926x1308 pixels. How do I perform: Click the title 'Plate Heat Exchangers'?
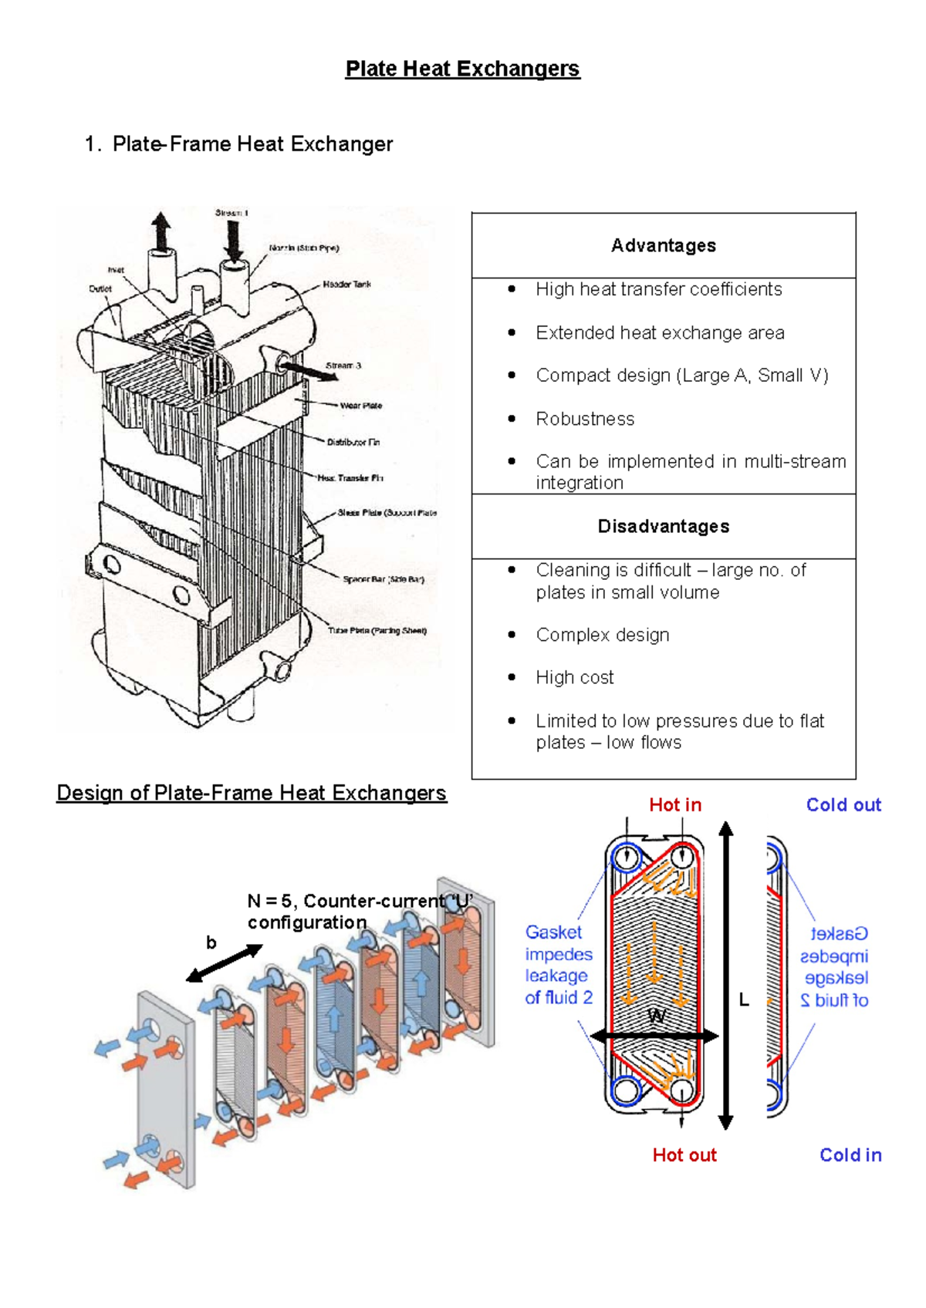point(462,69)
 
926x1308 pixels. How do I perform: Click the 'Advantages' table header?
point(663,245)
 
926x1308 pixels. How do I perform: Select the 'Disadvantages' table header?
point(663,526)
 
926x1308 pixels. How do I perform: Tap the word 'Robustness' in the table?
point(585,419)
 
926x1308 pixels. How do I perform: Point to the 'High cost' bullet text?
point(575,677)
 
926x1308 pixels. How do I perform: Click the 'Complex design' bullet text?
point(603,635)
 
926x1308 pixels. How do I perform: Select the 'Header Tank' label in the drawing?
point(346,285)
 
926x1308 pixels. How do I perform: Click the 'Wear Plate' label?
point(360,406)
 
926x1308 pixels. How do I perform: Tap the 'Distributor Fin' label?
point(353,443)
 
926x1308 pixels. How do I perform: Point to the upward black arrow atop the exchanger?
point(161,231)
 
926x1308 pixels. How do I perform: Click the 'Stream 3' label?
point(343,366)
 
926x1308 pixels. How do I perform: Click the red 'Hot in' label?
point(675,805)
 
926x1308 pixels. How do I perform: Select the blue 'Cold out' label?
point(843,805)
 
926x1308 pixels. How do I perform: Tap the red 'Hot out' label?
point(684,1155)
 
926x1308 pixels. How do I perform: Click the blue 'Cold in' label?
point(850,1155)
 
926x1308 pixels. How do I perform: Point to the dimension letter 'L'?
point(744,1000)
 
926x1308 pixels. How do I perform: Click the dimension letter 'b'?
point(211,942)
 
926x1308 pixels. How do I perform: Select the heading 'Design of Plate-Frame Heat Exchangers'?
point(252,793)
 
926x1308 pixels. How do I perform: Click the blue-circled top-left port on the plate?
point(626,857)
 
